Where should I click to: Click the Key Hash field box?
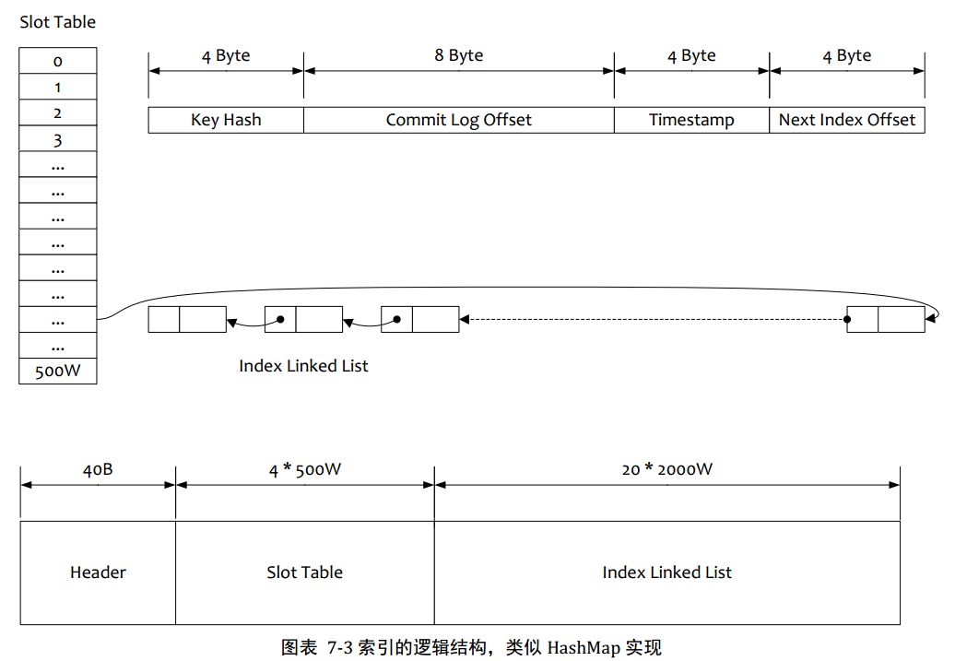[x=226, y=120]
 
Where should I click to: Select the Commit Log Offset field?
[x=458, y=120]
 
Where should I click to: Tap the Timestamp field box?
[x=691, y=120]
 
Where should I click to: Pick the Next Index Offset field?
[x=847, y=120]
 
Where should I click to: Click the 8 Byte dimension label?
[x=459, y=55]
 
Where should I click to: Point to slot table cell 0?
[x=58, y=62]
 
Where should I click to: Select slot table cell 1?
[x=58, y=88]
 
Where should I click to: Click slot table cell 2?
[x=58, y=113]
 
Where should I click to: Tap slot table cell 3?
[x=58, y=140]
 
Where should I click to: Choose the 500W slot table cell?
[x=58, y=372]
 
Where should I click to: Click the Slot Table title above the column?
[x=57, y=21]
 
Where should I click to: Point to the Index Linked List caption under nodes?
[x=303, y=366]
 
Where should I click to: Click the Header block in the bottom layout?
[x=98, y=572]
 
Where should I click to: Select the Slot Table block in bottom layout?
[x=304, y=572]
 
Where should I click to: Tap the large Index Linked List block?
[x=666, y=572]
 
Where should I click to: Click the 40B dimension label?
[x=98, y=469]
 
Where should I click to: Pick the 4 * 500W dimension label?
[x=304, y=469]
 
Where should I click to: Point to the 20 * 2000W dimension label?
[x=666, y=469]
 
